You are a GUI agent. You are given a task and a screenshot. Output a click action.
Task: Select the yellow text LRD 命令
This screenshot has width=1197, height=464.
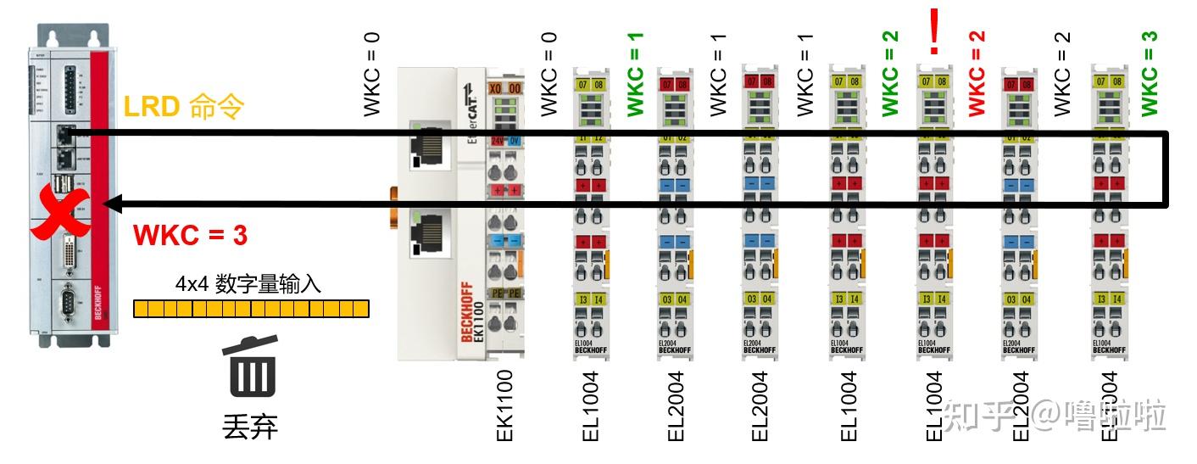click(x=184, y=107)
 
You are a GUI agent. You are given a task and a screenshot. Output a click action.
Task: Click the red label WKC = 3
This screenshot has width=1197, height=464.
click(x=191, y=235)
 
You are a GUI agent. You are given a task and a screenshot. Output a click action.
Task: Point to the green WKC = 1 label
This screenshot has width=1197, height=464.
click(x=636, y=75)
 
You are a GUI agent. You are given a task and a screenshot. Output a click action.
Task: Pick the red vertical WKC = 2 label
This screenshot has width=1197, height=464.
click(x=977, y=73)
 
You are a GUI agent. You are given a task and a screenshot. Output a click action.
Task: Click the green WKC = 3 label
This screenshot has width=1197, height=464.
click(x=1150, y=73)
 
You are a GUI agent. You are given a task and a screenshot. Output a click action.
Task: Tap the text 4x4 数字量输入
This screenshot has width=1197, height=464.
click(x=249, y=283)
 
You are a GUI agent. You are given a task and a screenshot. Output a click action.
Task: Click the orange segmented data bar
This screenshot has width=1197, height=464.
click(x=252, y=308)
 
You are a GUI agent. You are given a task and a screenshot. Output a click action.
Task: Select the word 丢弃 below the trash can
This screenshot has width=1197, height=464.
click(x=250, y=426)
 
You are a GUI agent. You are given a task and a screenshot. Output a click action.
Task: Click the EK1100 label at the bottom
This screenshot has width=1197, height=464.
click(x=504, y=405)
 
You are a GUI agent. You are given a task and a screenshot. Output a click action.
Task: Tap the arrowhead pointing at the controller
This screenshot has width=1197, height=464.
click(x=110, y=204)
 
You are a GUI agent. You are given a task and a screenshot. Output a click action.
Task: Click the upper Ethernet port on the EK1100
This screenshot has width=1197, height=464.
click(x=423, y=144)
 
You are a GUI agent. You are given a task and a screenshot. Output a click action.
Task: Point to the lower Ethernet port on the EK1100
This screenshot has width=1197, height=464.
click(x=423, y=233)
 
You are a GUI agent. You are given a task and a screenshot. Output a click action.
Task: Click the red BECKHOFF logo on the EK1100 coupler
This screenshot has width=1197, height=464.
click(x=468, y=311)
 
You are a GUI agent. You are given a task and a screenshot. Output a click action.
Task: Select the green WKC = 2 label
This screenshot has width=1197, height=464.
click(x=890, y=73)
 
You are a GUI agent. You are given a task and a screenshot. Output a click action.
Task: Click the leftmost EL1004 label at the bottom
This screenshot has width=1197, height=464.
click(x=591, y=405)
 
